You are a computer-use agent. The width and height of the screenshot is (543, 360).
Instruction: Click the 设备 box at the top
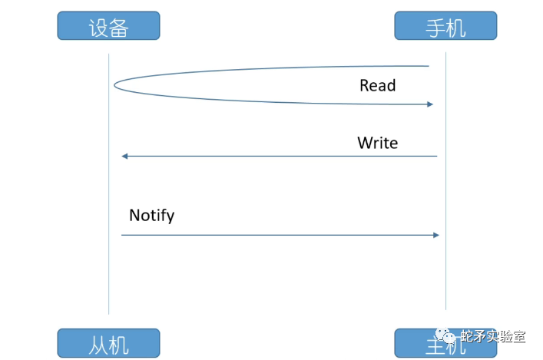[x=108, y=26]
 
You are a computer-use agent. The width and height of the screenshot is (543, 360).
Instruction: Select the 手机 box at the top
[x=445, y=26]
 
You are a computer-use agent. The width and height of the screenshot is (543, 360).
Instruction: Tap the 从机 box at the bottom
[x=108, y=343]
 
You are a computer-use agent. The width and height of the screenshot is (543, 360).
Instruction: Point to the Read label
[x=377, y=85]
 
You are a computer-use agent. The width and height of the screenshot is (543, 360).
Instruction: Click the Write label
[x=377, y=143]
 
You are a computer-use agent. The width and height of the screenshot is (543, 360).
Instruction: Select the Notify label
[x=151, y=215]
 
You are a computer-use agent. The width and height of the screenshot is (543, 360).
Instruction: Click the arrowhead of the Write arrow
[x=124, y=157]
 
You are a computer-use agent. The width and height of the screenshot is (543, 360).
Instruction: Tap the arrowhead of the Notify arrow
[x=436, y=235]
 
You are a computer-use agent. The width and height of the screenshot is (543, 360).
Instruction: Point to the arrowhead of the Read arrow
[x=431, y=104]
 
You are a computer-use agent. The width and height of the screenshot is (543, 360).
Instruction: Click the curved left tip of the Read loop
[x=115, y=84]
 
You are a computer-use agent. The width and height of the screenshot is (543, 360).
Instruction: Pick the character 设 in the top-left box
[x=98, y=28]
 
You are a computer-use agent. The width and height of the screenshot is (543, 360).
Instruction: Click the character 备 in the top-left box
[x=118, y=28]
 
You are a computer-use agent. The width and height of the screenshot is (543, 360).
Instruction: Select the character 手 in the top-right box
[x=435, y=28]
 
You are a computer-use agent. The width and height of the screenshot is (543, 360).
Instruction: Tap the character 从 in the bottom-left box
[x=98, y=344]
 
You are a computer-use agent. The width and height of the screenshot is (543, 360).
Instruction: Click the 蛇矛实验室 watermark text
[x=492, y=338]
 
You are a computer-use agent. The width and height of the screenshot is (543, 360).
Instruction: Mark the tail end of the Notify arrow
[x=122, y=235]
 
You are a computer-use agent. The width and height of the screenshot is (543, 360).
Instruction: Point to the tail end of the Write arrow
[x=436, y=157]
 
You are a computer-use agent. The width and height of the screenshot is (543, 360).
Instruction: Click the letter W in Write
[x=365, y=143]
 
